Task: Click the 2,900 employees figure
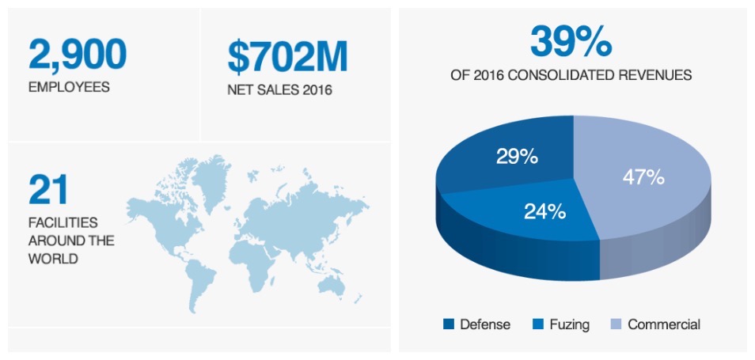[x=77, y=54]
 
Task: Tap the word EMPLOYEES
[x=69, y=87]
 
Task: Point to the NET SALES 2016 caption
[x=279, y=89]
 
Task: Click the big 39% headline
[x=571, y=41]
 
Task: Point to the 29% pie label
[x=518, y=157]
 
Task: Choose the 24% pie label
[x=545, y=211]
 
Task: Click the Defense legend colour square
[x=449, y=324]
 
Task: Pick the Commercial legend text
[x=664, y=324]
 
